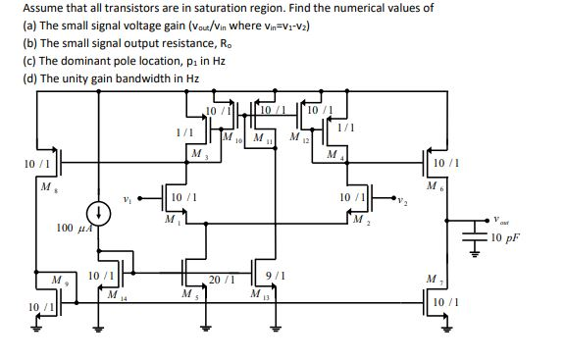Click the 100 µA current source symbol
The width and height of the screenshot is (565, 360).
point(97,213)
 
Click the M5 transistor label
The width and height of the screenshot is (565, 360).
point(187,294)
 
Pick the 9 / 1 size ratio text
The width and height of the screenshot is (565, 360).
point(276,275)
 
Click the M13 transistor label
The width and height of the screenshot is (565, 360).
point(257,294)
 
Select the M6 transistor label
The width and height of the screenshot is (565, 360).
point(432,184)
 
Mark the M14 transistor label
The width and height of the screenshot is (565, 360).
point(115,294)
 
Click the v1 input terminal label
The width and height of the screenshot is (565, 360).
point(128,198)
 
